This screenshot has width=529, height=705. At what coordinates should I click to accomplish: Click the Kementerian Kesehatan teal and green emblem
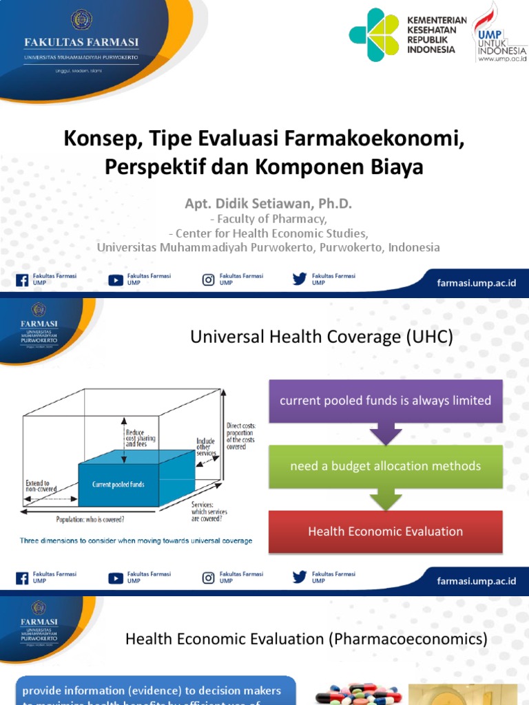pyautogui.click(x=374, y=34)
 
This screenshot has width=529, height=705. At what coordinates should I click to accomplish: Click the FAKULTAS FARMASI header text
pyautogui.click(x=82, y=42)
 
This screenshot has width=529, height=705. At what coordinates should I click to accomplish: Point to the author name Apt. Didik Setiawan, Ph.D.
pyautogui.click(x=268, y=204)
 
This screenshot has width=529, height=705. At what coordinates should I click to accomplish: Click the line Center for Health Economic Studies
pyautogui.click(x=269, y=233)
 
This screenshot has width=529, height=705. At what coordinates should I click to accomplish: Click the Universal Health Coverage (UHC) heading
pyautogui.click(x=321, y=337)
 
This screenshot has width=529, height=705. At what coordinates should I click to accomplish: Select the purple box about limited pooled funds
pyautogui.click(x=385, y=400)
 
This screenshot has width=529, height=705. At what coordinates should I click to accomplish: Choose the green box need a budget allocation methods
pyautogui.click(x=385, y=466)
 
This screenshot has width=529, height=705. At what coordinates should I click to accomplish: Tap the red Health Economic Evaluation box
pyautogui.click(x=385, y=531)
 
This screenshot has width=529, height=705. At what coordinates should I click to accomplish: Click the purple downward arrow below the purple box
pyautogui.click(x=385, y=434)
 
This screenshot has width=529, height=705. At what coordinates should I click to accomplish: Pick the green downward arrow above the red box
pyautogui.click(x=385, y=499)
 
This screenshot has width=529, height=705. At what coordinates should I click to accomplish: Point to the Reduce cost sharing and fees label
pyautogui.click(x=141, y=439)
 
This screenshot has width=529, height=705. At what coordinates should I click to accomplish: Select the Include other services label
pyautogui.click(x=205, y=447)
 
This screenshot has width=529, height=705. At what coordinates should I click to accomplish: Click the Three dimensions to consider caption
pyautogui.click(x=136, y=540)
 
